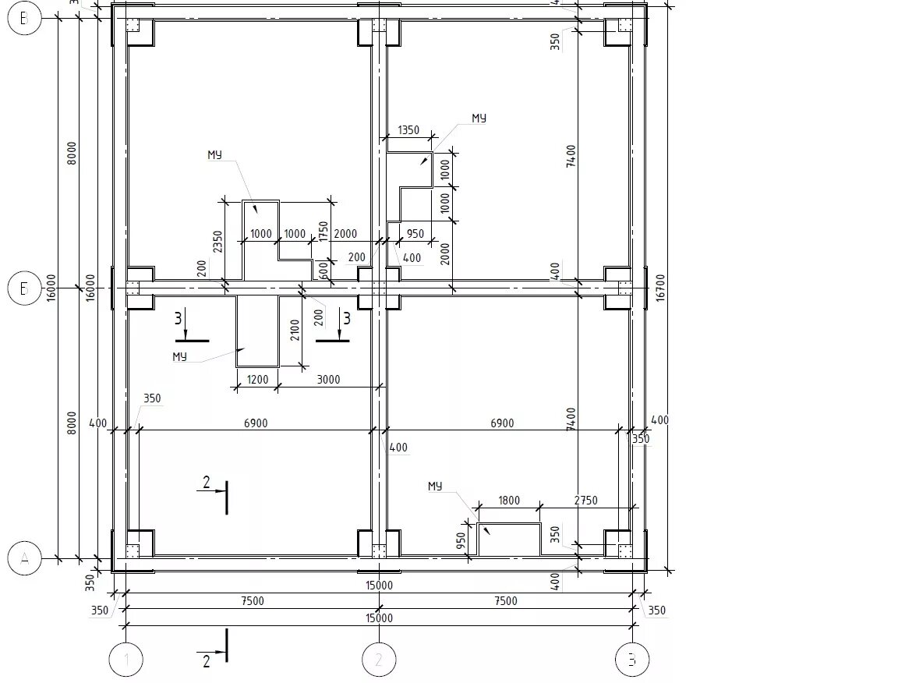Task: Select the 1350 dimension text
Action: point(408,130)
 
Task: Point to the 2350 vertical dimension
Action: point(217,241)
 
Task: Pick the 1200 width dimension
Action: point(257,380)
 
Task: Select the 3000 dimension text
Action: point(329,380)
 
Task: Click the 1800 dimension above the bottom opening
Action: point(508,501)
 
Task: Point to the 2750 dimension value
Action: point(585,501)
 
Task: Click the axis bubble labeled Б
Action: point(24,289)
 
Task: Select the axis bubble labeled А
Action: point(24,558)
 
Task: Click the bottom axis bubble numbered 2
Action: point(379,660)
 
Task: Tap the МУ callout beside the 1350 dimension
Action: point(479,118)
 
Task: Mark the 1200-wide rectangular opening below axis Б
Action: point(257,331)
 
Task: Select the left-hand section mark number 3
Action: point(179,318)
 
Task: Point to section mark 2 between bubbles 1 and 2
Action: point(206,661)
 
